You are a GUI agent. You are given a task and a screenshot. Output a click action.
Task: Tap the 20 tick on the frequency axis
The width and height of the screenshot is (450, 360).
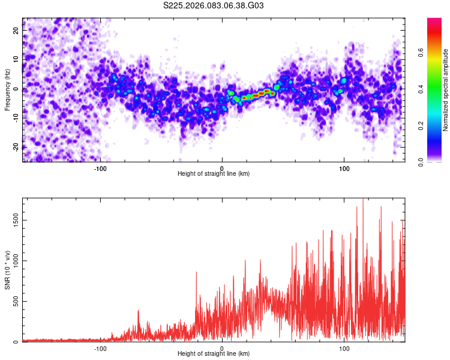coord(17,29)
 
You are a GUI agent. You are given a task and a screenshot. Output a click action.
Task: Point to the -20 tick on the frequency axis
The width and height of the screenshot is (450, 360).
coord(16,147)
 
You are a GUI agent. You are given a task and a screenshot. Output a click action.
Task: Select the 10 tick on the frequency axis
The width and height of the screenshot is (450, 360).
coord(17,59)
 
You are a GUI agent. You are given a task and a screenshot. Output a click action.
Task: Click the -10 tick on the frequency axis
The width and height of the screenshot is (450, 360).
coord(16,118)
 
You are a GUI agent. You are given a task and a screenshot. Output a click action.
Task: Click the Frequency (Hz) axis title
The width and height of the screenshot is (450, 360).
coord(7,89)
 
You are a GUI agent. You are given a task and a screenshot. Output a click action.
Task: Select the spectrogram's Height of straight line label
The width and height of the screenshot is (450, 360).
coord(214,173)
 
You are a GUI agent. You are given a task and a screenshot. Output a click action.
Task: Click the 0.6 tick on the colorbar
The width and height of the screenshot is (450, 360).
coord(421,52)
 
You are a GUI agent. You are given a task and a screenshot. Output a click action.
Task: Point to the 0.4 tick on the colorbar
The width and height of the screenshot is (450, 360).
coord(421,89)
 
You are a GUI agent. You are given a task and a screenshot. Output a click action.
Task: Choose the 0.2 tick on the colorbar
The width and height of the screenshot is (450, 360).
coord(421,125)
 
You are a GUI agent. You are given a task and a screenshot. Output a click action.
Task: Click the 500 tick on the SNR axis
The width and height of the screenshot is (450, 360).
coord(17,301)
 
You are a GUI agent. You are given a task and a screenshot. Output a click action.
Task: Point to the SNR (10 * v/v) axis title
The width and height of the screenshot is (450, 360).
coord(7,269)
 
